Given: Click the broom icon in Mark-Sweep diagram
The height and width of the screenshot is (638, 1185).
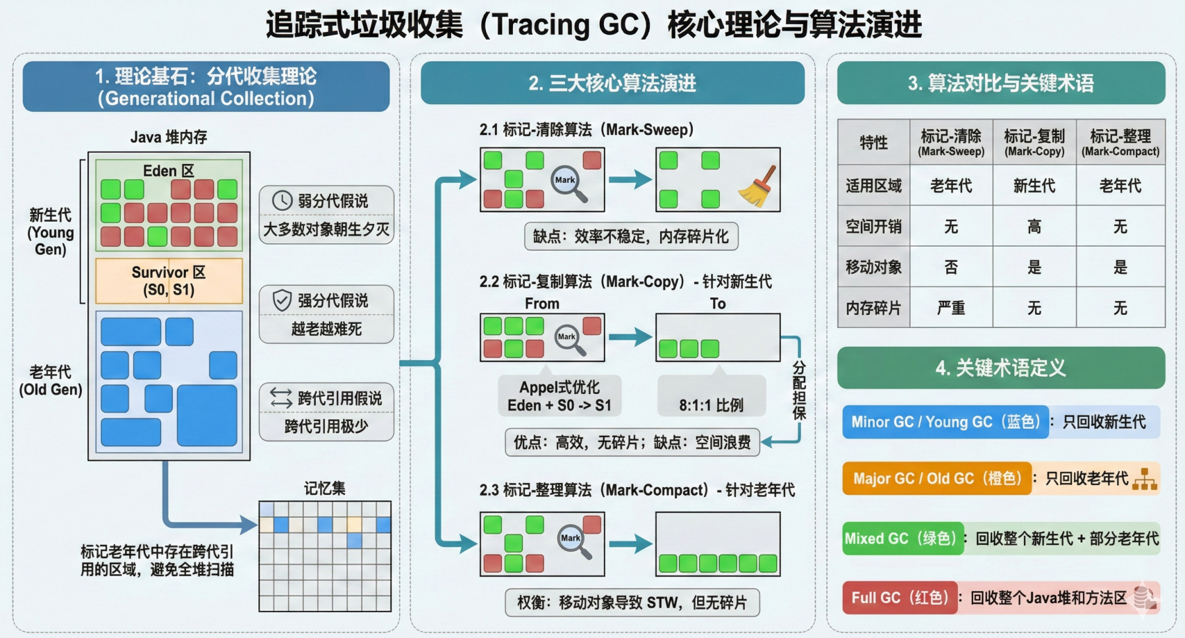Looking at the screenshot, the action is [758, 186].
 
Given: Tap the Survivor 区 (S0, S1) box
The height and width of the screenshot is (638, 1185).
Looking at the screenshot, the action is [169, 281].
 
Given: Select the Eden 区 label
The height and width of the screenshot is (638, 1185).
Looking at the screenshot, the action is [168, 170].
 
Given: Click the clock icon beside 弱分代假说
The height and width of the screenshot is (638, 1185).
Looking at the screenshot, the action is [282, 201].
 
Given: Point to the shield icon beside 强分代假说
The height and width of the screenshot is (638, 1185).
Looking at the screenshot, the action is [282, 300].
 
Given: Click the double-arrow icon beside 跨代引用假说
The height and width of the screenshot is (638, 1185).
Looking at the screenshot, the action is [281, 398].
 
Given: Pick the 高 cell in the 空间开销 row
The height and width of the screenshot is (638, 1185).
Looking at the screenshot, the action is [1034, 227].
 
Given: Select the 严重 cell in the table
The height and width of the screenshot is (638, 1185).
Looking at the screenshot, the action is [950, 308].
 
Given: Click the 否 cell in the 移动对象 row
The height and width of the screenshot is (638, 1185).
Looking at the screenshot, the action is [950, 268].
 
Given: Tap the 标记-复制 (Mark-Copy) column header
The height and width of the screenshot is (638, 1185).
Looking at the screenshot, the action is [1034, 142].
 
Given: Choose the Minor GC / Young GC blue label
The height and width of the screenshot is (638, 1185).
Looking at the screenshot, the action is [945, 422].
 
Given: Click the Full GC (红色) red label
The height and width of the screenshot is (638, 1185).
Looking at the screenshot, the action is [900, 598].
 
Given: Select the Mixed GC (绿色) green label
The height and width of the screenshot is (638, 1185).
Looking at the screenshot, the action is [902, 539].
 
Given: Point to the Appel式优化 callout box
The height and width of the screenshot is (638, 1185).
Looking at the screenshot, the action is [560, 396].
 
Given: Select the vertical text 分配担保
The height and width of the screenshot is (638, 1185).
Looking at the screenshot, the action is [799, 390].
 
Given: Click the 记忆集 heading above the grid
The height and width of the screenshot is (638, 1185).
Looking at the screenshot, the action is [324, 489].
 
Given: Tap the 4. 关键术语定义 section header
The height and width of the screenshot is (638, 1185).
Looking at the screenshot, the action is [1000, 368].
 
